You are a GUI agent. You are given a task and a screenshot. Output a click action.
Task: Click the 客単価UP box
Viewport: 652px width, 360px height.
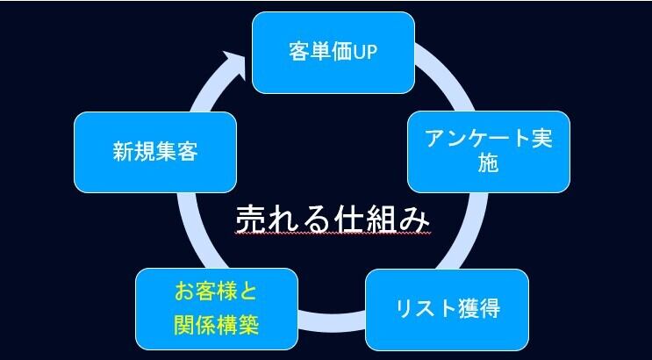pos(333,52)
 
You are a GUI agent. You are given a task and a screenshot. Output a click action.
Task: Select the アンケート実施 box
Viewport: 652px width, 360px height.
pos(489,151)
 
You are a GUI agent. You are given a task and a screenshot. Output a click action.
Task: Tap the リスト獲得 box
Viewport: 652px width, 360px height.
pos(447,309)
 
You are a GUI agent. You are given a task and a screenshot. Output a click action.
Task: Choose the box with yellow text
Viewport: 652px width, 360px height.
pos(216,309)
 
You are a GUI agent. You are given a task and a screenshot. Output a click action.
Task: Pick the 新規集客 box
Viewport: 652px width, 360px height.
pos(155,152)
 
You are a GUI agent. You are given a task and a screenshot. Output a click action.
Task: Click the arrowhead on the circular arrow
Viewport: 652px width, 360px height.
pos(234,62)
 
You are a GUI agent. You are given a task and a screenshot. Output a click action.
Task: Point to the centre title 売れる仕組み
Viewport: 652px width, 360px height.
pos(337,217)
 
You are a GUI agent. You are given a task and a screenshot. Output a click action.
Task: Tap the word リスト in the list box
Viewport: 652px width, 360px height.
pos(418,309)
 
